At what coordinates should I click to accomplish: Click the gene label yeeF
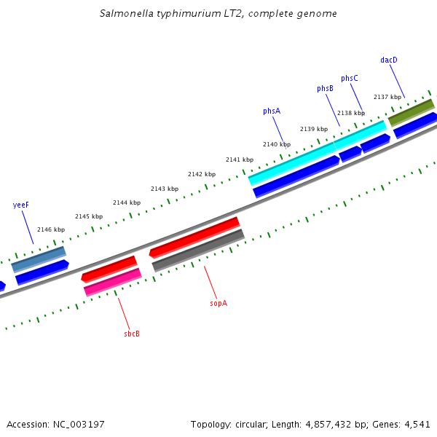21,205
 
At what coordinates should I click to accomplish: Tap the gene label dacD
389,60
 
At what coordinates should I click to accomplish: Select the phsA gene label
272,111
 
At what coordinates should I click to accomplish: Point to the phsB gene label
325,89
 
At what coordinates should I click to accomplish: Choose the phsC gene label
350,79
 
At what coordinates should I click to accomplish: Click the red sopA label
219,303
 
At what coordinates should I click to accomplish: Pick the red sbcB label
132,334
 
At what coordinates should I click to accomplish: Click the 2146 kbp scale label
51,229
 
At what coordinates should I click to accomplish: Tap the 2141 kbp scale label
240,160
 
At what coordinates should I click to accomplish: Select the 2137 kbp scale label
387,97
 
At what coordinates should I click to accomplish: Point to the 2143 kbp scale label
165,189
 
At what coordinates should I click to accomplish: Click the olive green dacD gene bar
412,111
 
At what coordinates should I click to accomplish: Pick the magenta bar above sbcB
113,282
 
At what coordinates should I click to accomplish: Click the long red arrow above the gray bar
194,237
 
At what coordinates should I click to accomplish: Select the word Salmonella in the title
128,14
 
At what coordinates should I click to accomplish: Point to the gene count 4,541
417,424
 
